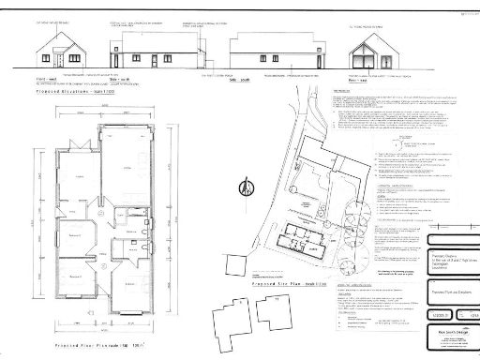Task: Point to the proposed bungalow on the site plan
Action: [308, 235]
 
